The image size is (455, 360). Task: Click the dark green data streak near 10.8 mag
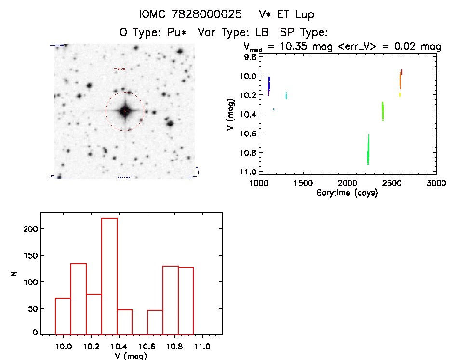[368, 150]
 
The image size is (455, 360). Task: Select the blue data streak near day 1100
[268, 86]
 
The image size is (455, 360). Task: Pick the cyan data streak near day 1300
[286, 95]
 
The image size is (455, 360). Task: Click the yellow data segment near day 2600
[400, 94]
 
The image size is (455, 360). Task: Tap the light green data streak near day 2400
[383, 111]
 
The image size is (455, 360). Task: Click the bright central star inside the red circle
[124, 111]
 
